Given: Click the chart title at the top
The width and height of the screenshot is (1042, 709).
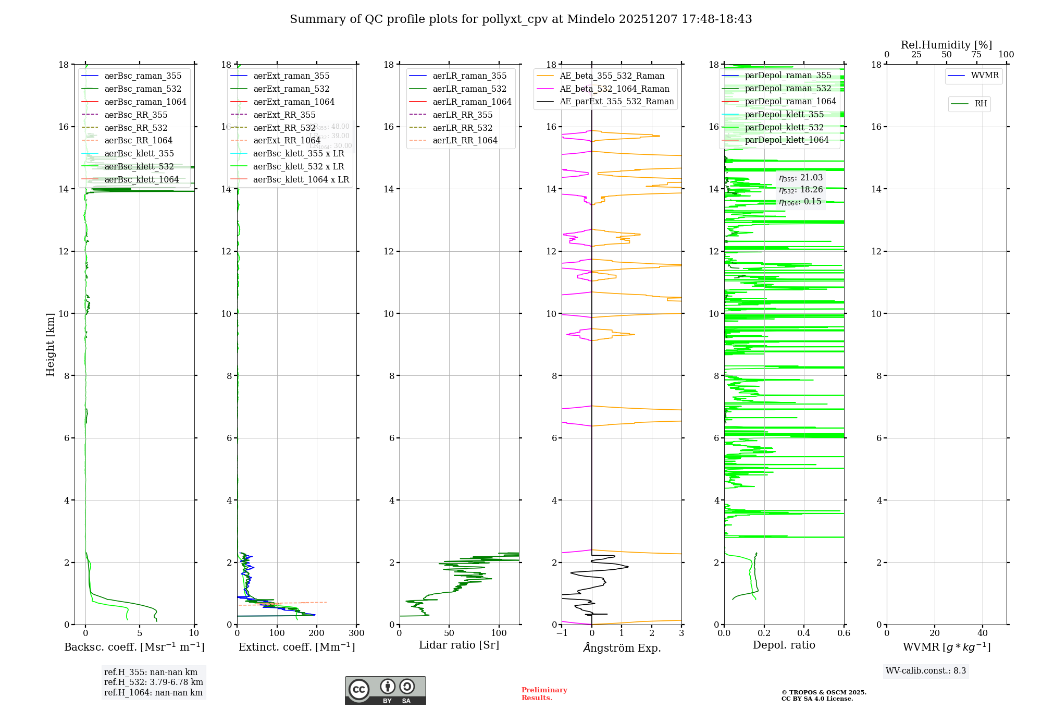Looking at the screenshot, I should (x=520, y=19).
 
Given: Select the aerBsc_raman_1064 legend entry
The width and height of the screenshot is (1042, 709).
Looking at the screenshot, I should (x=145, y=102).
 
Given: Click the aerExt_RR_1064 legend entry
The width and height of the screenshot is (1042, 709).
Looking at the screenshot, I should (x=287, y=140).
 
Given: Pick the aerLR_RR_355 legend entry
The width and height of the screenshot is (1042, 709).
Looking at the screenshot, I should (x=462, y=115).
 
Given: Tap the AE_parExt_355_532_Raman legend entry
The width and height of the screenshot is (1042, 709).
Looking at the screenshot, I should (x=616, y=101).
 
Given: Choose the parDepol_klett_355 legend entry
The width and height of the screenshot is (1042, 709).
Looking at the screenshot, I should (x=784, y=114).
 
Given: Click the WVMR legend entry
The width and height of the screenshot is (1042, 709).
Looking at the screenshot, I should (x=985, y=76).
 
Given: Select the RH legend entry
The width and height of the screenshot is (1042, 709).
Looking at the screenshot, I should (x=981, y=104).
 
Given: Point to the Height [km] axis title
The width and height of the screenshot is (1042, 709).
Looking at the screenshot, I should (x=50, y=345).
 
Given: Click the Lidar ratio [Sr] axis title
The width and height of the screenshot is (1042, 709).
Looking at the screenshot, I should (x=459, y=645).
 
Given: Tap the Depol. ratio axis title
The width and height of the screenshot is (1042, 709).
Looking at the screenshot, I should (x=784, y=645).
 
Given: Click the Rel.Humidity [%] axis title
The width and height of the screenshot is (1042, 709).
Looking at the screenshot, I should (x=946, y=45).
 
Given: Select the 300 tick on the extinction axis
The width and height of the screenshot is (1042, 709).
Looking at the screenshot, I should (x=357, y=633).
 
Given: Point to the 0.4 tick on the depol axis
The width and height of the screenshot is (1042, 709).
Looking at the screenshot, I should (x=804, y=633).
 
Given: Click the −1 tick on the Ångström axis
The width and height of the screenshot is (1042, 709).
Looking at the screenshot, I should (x=562, y=633).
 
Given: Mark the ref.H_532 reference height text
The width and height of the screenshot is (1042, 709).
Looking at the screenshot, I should (x=153, y=682).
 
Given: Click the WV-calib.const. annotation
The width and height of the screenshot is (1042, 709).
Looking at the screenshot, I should (x=926, y=671).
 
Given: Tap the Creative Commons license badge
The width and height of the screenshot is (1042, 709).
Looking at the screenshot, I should (x=385, y=690).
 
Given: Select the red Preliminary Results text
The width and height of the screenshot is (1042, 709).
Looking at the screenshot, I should (x=544, y=694).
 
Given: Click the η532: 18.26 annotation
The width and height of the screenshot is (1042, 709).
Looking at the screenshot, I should (x=801, y=190).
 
